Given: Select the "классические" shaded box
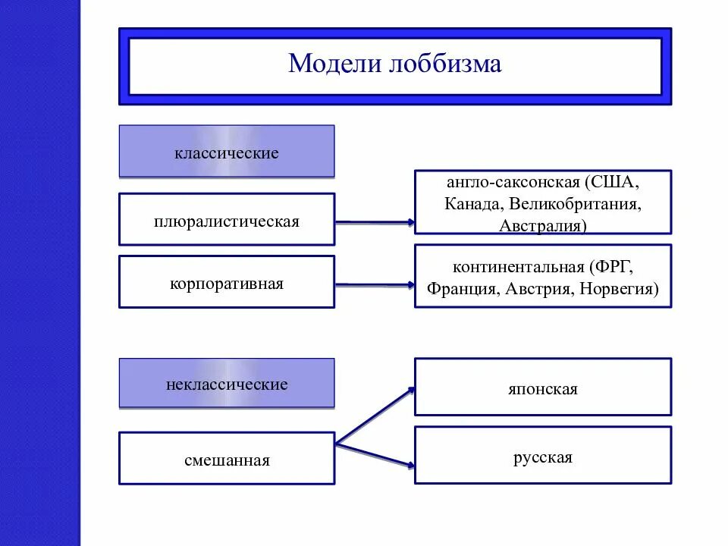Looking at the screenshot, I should click(226, 152).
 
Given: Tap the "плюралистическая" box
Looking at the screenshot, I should click(226, 221).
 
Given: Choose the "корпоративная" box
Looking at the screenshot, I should click(226, 284).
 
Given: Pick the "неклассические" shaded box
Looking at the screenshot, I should click(226, 384).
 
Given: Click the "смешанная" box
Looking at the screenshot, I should click(226, 460).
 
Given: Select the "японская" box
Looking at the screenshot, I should click(542, 388).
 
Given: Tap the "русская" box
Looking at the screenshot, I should click(542, 457).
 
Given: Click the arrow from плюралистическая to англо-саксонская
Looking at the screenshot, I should click(375, 222).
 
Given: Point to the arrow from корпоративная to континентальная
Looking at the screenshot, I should click(375, 285).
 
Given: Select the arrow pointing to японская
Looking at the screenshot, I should click(376, 416).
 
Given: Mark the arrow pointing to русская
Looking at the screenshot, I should click(376, 453).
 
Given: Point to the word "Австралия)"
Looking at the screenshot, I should click(543, 225).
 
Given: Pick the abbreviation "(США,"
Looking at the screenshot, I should click(613, 183).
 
